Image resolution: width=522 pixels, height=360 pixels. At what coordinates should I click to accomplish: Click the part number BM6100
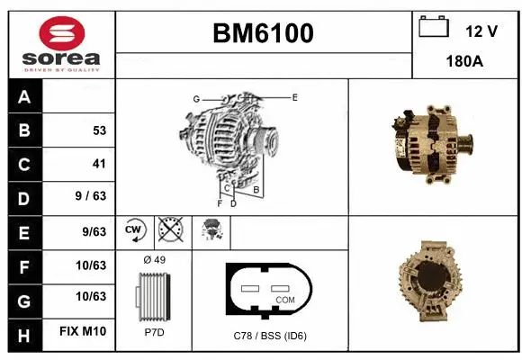coord(263,34)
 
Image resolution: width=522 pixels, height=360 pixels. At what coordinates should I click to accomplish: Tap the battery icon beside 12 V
coord(434,28)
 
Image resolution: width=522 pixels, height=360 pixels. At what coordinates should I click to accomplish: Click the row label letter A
coord(24,97)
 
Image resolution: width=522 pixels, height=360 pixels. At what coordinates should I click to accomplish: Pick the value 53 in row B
coord(99,130)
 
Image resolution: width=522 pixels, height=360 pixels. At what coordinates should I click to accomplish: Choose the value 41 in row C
coord(99,164)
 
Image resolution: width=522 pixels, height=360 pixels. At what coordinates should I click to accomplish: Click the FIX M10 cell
coord(83,331)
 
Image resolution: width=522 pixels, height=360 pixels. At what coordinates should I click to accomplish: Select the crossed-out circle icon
coord(169,230)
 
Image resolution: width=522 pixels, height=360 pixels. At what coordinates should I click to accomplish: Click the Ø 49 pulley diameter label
coord(154,261)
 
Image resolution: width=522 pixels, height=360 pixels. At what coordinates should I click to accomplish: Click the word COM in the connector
coord(285,300)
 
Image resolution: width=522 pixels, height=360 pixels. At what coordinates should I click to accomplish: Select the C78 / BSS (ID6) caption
coord(270,337)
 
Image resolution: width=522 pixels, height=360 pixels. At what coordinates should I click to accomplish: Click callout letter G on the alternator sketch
coord(195,99)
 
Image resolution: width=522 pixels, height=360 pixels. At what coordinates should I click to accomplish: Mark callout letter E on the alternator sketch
coord(294,96)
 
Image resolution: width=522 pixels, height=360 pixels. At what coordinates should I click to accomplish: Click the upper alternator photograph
coord(431,144)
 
